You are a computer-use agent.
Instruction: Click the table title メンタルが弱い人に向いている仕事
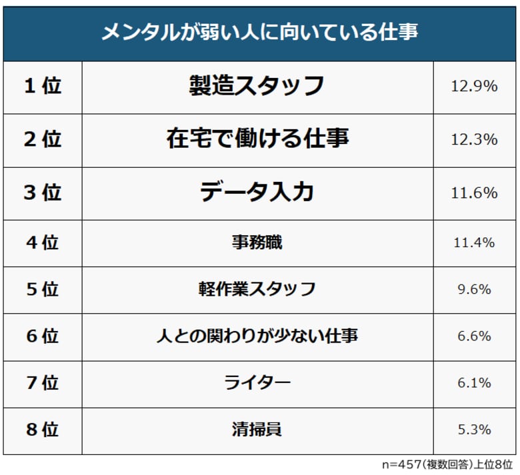(x=259, y=32)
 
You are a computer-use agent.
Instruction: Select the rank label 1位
(x=43, y=86)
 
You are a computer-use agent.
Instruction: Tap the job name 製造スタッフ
(x=257, y=86)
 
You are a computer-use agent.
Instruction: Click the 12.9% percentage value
(x=474, y=86)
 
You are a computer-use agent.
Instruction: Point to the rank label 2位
(x=43, y=139)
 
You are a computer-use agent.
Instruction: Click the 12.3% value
(x=474, y=139)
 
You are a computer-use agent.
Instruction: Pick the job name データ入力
(x=257, y=193)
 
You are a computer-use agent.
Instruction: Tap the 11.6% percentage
(x=474, y=193)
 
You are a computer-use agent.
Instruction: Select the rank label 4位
(x=43, y=242)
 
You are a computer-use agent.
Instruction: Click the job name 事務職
(x=257, y=242)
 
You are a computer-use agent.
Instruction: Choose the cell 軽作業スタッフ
(x=257, y=289)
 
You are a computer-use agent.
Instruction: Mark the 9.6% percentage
(x=474, y=290)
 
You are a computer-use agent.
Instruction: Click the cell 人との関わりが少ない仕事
(x=257, y=336)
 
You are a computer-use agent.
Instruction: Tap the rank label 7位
(x=43, y=383)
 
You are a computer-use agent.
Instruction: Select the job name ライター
(x=257, y=383)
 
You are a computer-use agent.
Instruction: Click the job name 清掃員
(x=257, y=430)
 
